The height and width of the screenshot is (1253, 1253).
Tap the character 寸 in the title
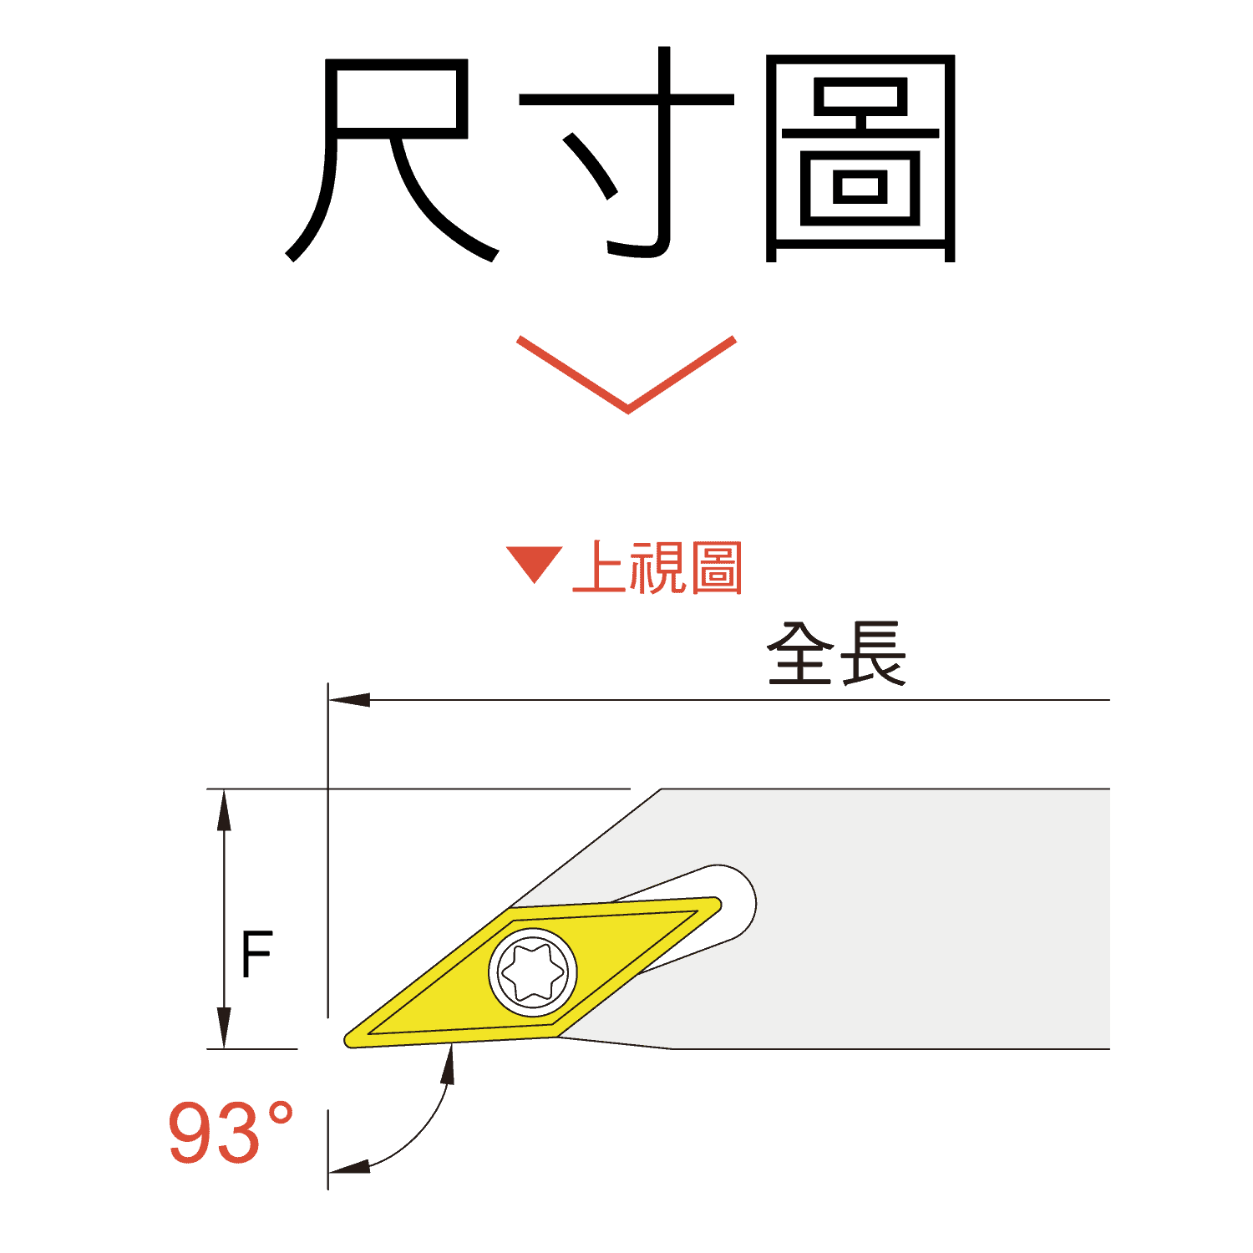tap(626, 152)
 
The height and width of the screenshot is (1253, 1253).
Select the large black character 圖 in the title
tap(860, 159)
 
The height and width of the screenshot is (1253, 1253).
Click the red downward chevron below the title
tap(626, 374)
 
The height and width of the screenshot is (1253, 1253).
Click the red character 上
tap(600, 568)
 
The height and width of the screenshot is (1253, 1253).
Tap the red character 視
tap(658, 568)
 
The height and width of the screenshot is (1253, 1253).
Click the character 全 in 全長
tap(801, 654)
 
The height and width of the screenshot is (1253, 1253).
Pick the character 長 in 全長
tap(873, 654)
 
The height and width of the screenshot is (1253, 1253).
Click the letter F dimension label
tap(256, 954)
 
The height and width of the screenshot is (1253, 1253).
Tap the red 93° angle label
tap(231, 1133)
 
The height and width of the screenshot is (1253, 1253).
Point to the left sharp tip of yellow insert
tap(346, 1040)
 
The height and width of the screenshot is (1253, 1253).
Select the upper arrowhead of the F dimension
tap(224, 809)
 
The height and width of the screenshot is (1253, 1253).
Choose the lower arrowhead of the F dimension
tap(224, 1027)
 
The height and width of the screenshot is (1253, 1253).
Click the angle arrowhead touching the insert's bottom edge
tap(449, 1064)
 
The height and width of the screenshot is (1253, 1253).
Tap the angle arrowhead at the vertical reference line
tap(349, 1166)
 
